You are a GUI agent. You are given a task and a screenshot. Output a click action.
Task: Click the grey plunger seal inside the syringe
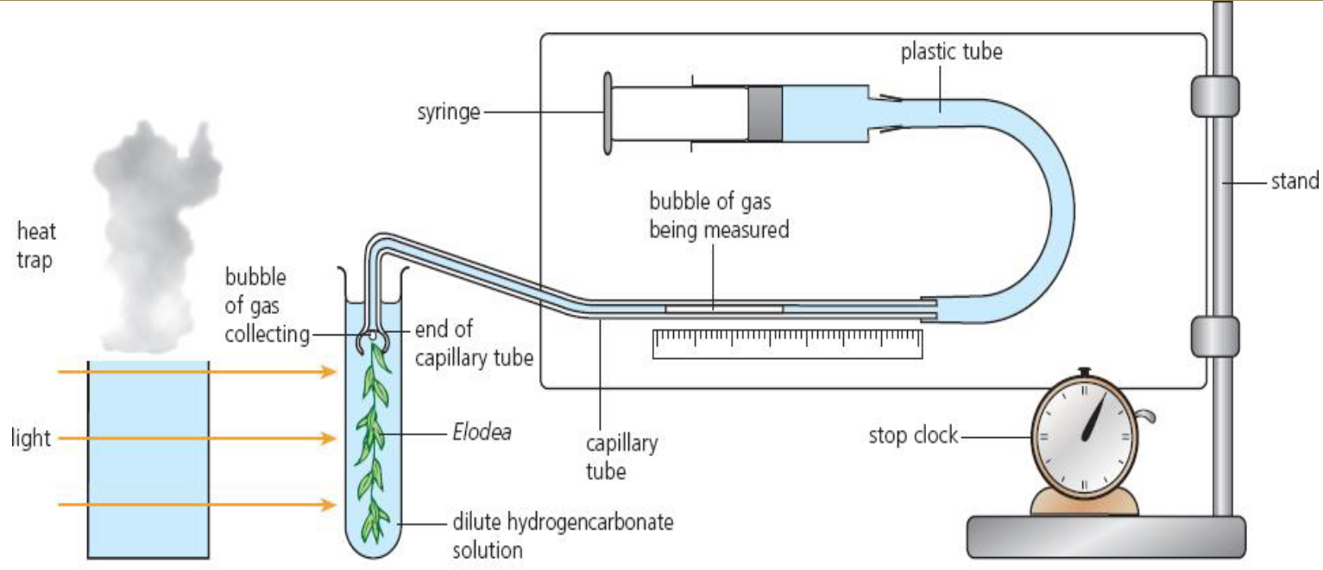[x=765, y=113]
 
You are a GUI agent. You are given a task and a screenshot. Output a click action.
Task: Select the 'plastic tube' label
[x=951, y=52]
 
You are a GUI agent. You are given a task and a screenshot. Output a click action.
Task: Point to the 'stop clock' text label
[x=913, y=435]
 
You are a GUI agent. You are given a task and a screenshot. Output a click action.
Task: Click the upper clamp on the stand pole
[x=1214, y=97]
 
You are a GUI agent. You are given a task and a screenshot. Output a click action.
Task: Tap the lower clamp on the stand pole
[x=1214, y=336]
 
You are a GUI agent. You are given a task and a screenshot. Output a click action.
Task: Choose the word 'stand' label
[x=1295, y=182]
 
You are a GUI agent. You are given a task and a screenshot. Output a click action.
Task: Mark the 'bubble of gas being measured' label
[x=719, y=216]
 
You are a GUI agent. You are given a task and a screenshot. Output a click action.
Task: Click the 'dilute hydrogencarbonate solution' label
[x=562, y=536]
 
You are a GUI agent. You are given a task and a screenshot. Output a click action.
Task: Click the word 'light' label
[x=31, y=439]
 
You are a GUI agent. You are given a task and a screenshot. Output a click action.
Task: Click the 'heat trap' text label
[x=35, y=245]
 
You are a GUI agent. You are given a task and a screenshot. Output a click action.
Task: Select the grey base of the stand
[x=1106, y=536]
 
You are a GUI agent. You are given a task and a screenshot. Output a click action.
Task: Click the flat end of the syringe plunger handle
[x=608, y=113]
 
